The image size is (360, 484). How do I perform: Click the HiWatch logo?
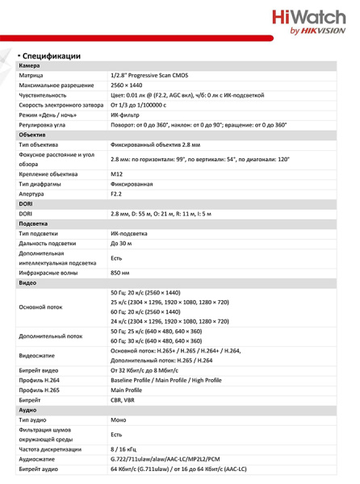[x=309, y=22]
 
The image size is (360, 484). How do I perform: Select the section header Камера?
[x=30, y=65]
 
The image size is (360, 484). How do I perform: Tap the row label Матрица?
[x=34, y=75]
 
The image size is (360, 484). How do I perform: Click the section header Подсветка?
[x=34, y=223]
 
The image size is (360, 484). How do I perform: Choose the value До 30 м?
[x=123, y=243]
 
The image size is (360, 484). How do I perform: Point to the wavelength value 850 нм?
[x=121, y=273]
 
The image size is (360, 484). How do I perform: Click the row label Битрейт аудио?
[x=39, y=469]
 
